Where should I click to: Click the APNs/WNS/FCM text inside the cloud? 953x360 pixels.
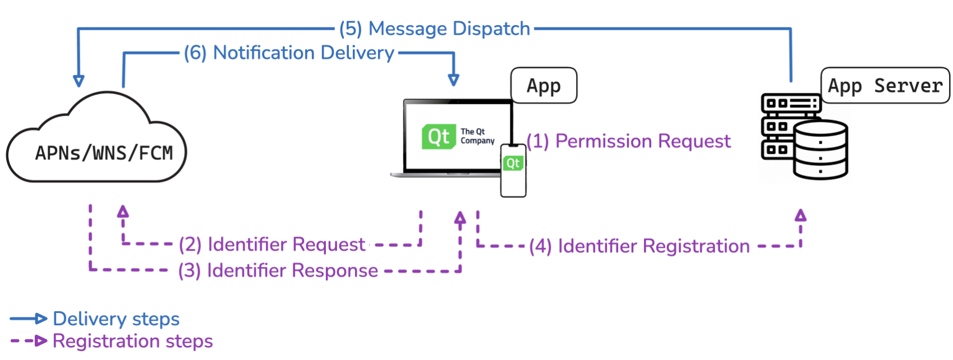point(104,153)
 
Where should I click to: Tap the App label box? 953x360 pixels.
point(544,86)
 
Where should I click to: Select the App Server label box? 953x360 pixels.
point(885,86)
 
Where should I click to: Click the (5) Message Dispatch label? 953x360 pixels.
point(435,29)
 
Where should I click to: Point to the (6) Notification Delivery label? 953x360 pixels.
point(289,53)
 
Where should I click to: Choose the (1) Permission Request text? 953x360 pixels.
point(629,141)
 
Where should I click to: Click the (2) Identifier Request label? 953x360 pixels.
point(272,244)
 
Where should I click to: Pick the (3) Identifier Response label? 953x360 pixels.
point(278,270)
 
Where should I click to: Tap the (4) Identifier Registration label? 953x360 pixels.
point(639,246)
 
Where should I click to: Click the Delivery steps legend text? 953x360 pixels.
point(116,319)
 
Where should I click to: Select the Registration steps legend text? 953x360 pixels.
point(132,341)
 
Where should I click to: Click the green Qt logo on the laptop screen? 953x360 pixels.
point(438,136)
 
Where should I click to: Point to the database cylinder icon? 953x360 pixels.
point(821,150)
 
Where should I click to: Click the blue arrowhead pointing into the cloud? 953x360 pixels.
point(79,81)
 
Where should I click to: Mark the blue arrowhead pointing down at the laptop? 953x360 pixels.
point(454,80)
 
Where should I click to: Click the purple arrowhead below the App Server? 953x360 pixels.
point(800,215)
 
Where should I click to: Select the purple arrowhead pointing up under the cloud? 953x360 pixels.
point(123,211)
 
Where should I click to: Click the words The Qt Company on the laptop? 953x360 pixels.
point(477,136)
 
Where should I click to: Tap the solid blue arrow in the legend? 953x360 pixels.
point(28,319)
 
